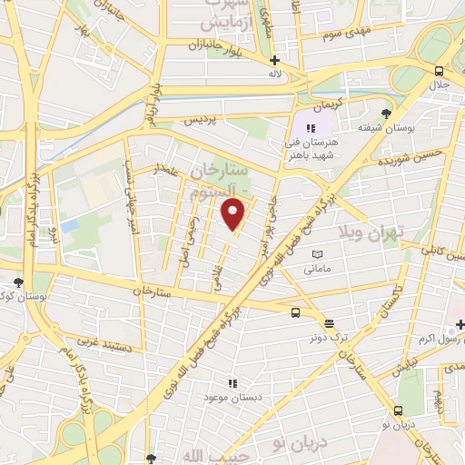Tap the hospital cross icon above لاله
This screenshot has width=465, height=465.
274,60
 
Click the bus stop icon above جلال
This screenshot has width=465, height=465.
440,71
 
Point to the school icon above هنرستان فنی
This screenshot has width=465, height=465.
311,129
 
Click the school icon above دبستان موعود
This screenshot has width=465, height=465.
232,384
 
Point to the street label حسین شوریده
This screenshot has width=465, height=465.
417,162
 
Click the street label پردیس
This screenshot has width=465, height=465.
203,119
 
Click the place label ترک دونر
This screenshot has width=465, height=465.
328,336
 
